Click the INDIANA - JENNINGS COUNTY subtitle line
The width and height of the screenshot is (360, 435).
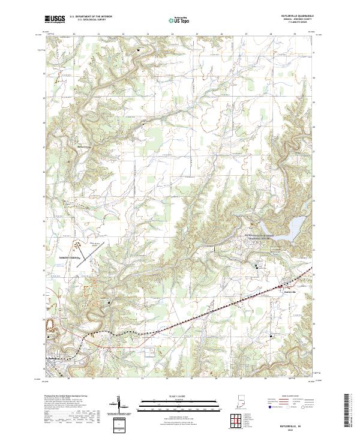point(296,20)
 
